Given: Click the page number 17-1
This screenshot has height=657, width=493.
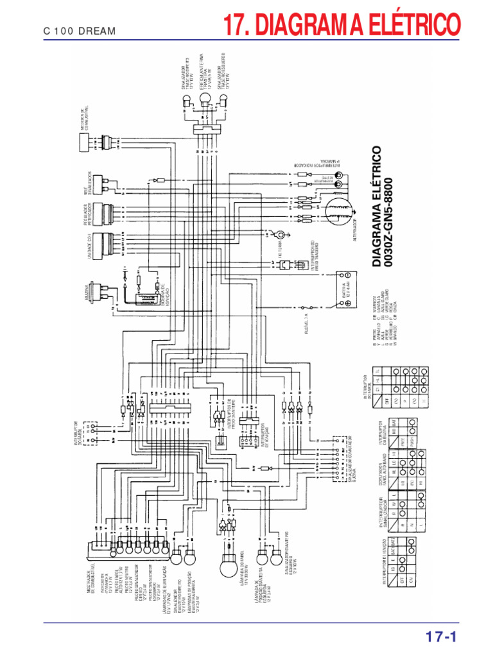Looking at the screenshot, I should pos(440,637).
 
